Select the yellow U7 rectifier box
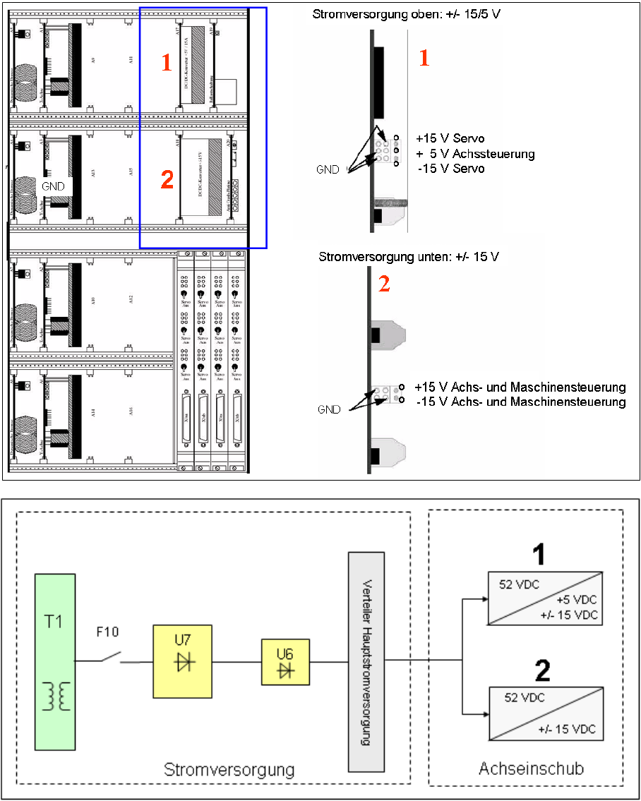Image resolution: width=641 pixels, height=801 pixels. [x=182, y=661]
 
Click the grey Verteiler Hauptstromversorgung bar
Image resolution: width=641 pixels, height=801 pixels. [x=366, y=661]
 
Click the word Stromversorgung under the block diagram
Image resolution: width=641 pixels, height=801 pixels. [x=229, y=769]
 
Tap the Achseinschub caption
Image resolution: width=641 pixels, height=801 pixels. [x=532, y=769]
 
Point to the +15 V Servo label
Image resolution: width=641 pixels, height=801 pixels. [x=450, y=138]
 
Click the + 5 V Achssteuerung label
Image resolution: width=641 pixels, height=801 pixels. [x=475, y=153]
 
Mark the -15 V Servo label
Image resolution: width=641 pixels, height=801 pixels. [x=450, y=169]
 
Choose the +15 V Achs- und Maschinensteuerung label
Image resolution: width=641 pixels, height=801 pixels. [x=520, y=387]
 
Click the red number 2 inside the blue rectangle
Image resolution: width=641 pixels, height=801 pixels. [x=167, y=181]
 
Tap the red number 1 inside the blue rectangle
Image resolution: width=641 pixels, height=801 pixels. [x=166, y=64]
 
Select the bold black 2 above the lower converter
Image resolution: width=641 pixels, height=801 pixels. [x=541, y=671]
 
